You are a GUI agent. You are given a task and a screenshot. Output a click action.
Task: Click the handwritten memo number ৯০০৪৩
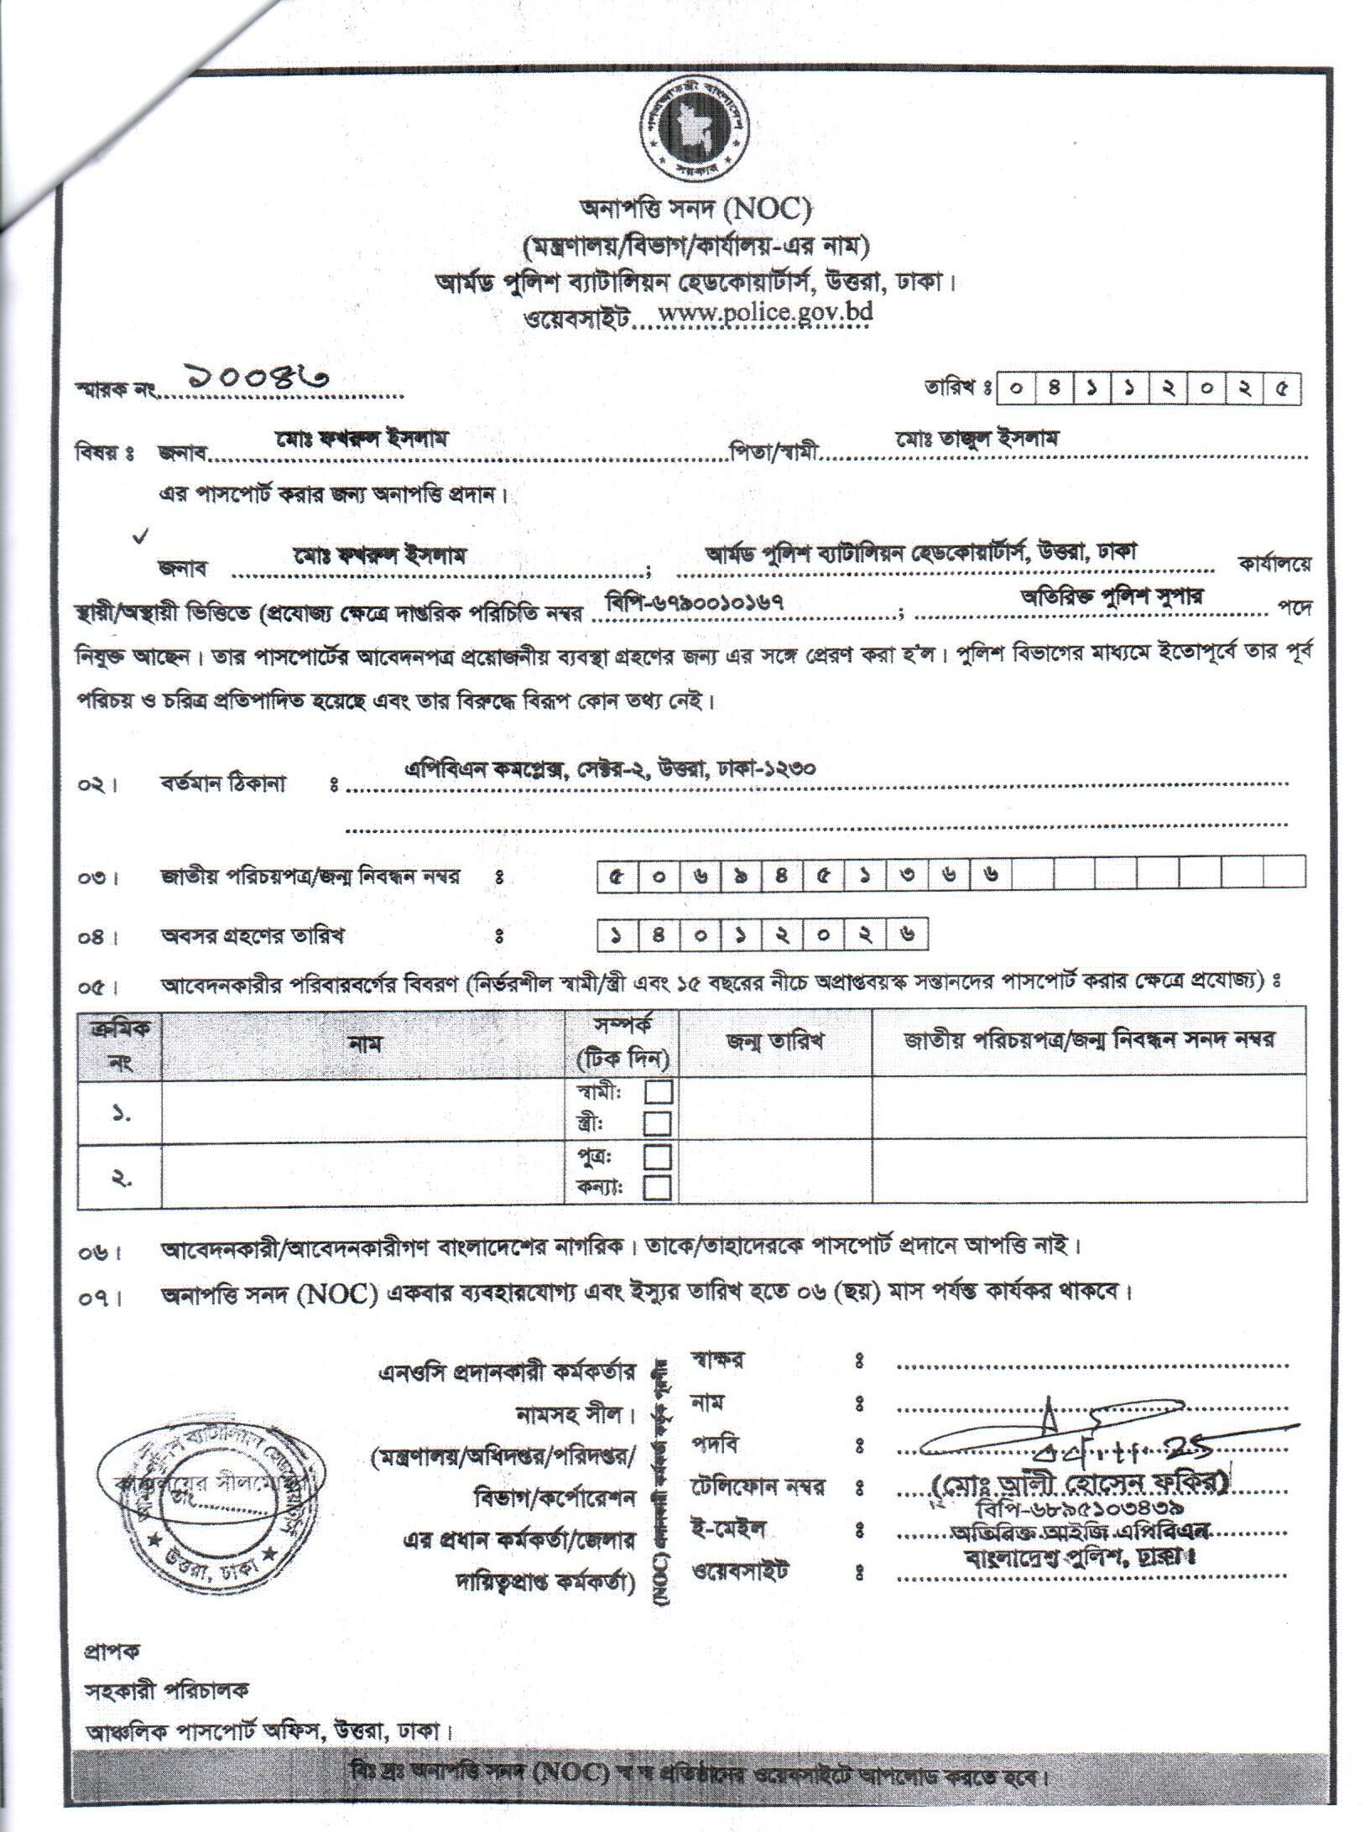(x=251, y=377)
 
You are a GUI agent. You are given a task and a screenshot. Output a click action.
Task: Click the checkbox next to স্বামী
(x=657, y=1092)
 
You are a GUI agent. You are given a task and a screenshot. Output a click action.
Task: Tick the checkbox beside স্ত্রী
(x=657, y=1122)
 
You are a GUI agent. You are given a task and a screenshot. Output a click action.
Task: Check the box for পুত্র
(x=657, y=1158)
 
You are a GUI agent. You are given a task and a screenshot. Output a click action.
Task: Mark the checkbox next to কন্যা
(x=657, y=1187)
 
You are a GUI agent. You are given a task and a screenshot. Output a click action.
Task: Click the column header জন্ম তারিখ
(x=774, y=1041)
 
